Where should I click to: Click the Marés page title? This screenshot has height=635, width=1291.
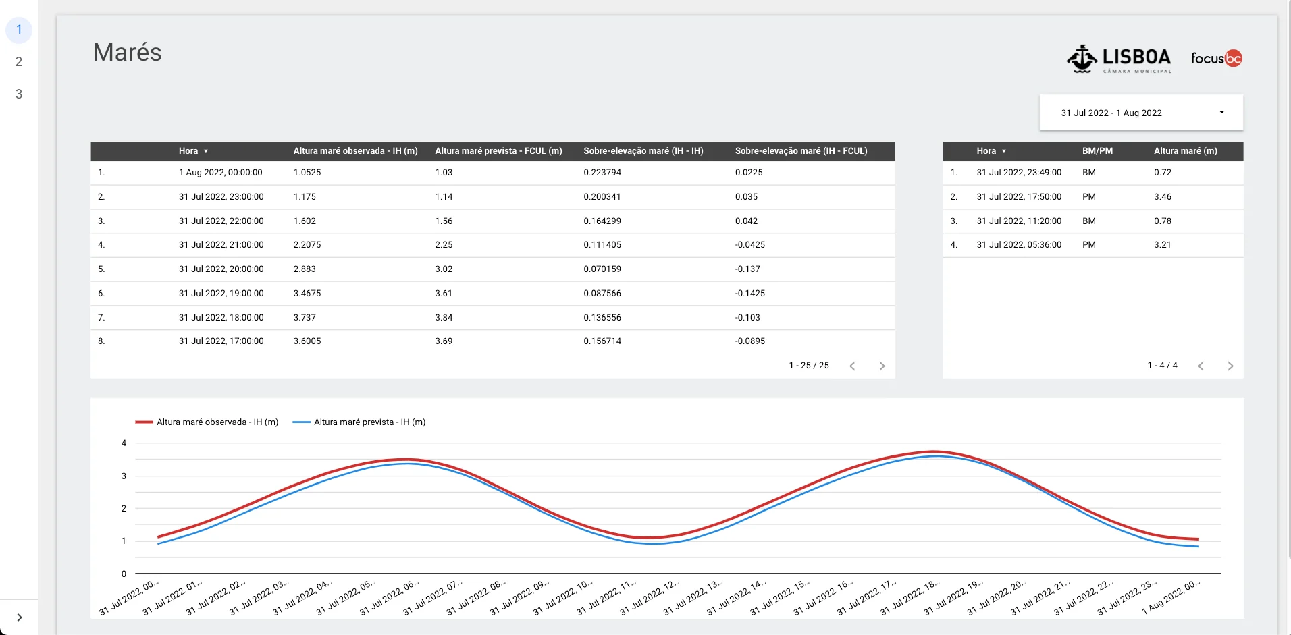click(x=127, y=53)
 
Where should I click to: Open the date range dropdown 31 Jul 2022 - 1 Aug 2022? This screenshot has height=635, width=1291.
click(x=1141, y=113)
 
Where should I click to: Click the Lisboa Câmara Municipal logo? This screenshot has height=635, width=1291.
click(x=1119, y=59)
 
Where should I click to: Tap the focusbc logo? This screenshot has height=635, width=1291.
click(x=1216, y=59)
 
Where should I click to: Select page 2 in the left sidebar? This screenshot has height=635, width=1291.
click(x=19, y=62)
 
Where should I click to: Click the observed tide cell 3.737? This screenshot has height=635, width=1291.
click(x=305, y=318)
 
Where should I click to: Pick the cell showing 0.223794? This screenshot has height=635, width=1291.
click(x=602, y=173)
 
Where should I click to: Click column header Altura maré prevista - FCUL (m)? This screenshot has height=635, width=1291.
click(x=498, y=151)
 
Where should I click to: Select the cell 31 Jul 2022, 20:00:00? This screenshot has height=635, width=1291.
click(x=221, y=269)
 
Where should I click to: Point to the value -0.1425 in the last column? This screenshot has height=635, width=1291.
click(x=749, y=294)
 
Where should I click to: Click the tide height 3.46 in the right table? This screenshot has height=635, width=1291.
click(x=1162, y=197)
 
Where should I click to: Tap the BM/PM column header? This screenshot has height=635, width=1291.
click(x=1097, y=151)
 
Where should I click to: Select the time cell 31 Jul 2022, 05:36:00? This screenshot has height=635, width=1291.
click(x=1019, y=245)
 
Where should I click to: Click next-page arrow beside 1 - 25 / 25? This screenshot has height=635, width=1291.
click(x=882, y=366)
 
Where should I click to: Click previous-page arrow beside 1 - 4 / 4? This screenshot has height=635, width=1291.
click(x=1201, y=366)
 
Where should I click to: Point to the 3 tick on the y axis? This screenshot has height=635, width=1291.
click(x=124, y=476)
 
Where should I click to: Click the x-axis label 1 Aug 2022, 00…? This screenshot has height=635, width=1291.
click(x=1171, y=597)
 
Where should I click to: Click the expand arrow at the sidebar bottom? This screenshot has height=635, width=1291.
click(x=20, y=617)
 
